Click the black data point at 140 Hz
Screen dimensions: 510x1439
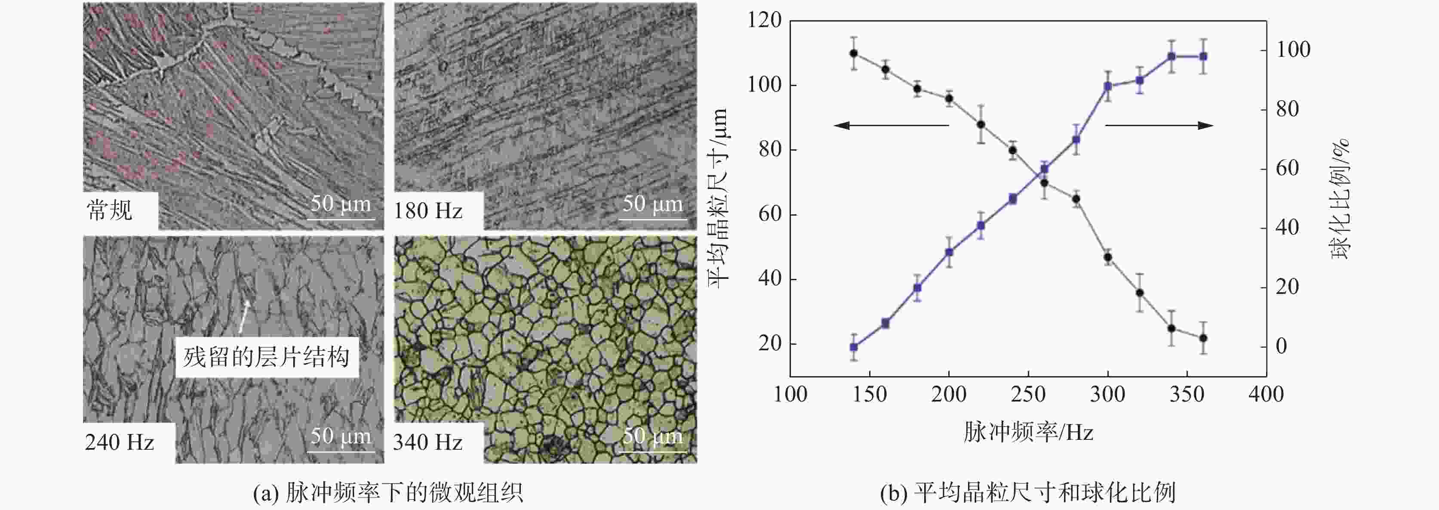point(854,53)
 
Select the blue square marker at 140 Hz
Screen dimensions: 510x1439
point(854,347)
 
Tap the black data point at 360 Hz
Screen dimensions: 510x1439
point(1203,338)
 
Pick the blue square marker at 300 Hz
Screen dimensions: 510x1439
point(1108,86)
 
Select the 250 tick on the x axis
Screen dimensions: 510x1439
point(1028,395)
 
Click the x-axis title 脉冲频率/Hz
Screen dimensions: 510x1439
point(1028,432)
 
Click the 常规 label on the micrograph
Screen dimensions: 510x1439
point(110,210)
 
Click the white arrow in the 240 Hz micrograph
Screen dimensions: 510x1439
point(245,316)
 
